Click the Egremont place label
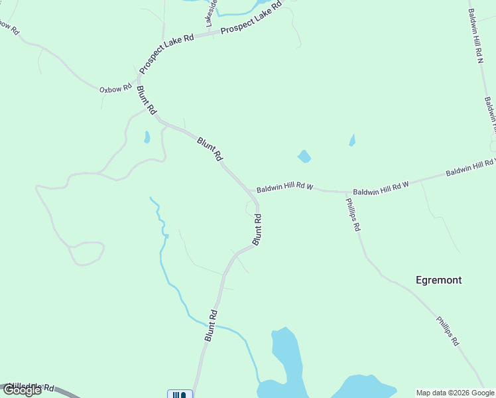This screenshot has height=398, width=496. (x=438, y=280)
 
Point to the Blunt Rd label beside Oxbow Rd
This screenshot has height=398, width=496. (x=147, y=99)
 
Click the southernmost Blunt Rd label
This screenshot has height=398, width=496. (x=211, y=325)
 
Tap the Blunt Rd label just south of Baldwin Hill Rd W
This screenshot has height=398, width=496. (x=257, y=229)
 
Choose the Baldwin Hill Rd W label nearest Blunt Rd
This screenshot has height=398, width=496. (x=285, y=187)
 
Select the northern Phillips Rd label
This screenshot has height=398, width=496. (x=353, y=216)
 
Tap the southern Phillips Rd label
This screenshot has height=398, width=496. (x=448, y=330)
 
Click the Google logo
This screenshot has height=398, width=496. (x=22, y=390)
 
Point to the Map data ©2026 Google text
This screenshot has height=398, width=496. (x=455, y=393)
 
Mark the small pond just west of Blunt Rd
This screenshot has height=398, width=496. (x=147, y=137)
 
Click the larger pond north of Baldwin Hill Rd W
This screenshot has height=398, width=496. (x=304, y=157)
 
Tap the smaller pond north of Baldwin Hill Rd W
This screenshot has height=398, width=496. (x=351, y=140)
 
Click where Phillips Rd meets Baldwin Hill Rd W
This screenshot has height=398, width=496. (x=345, y=192)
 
